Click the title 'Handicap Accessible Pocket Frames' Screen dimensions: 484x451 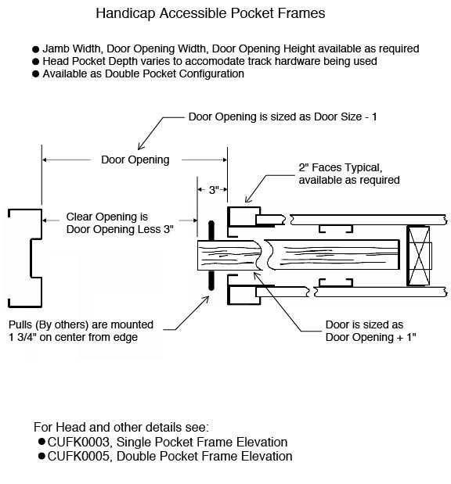(x=210, y=13)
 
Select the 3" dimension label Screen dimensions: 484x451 (x=211, y=190)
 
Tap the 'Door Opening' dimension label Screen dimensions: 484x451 (x=135, y=160)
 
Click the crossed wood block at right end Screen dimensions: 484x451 (x=419, y=256)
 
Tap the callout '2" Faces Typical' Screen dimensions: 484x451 (x=340, y=167)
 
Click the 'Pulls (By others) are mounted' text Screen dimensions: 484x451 (x=81, y=324)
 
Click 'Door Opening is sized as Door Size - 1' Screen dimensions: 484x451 (x=283, y=117)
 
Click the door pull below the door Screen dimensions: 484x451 (x=211, y=281)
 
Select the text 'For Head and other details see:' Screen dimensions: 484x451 (x=121, y=428)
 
